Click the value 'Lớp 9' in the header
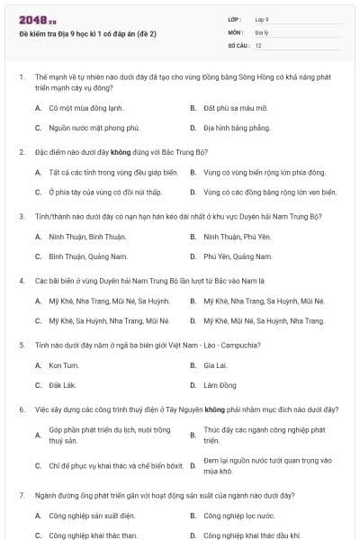[262, 18]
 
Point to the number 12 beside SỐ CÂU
[258, 45]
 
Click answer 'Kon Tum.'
[64, 365]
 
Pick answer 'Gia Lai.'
[214, 365]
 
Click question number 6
[22, 409]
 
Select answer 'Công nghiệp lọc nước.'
[238, 516]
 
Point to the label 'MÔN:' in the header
[235, 31]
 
